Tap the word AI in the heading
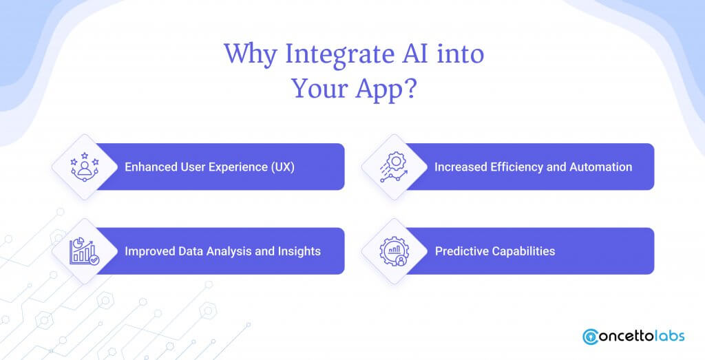(412, 53)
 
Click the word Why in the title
(251, 55)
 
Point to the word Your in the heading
(319, 88)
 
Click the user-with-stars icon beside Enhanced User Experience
(85, 167)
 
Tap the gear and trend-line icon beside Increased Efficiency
(394, 167)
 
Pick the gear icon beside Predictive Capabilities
(394, 251)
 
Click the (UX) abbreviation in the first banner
(283, 167)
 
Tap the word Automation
(600, 167)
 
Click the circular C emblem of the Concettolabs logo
(590, 337)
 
